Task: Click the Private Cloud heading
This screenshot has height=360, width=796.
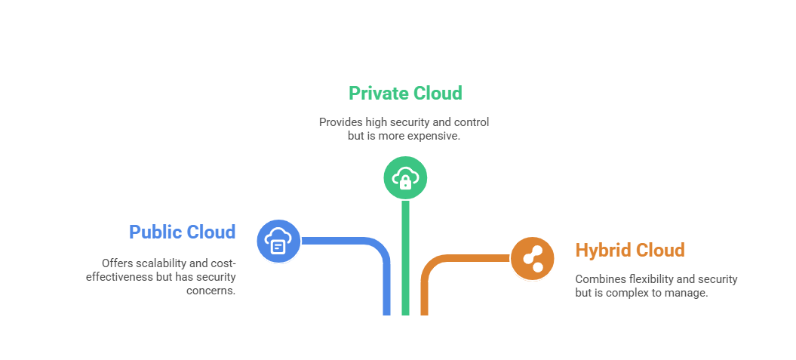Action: tap(405, 94)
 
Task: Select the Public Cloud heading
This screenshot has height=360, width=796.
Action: tap(182, 232)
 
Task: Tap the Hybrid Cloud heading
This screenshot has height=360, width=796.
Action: tap(630, 250)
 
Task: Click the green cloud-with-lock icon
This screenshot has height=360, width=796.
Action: tap(405, 179)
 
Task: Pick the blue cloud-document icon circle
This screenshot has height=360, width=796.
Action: tap(278, 242)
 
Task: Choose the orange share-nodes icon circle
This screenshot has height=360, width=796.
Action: tap(533, 259)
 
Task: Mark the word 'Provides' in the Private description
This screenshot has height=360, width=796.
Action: tap(340, 122)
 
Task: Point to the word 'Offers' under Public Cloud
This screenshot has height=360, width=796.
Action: tap(118, 263)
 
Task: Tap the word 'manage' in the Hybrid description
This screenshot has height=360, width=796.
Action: tap(686, 293)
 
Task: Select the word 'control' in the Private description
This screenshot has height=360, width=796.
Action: tap(471, 122)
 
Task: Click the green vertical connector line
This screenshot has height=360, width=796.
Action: tap(405, 257)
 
